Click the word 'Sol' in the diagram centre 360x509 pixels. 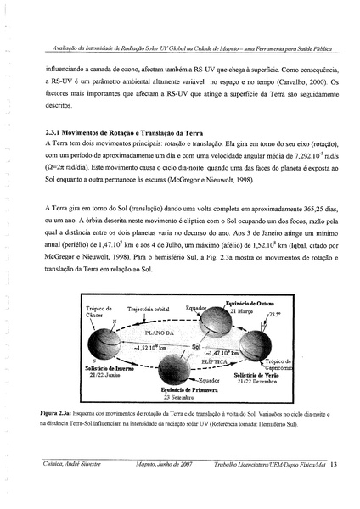click(196, 347)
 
